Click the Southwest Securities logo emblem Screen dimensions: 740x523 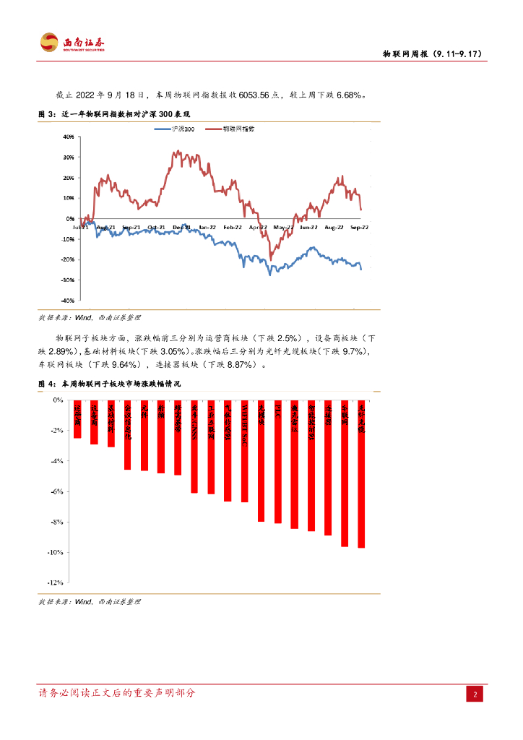coord(49,43)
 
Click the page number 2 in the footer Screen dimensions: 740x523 coord(476,695)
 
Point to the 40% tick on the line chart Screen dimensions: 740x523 coord(69,136)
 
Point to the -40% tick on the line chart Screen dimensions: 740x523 coord(68,300)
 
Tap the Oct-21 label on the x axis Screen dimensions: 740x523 coord(156,227)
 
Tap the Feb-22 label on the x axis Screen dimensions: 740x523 coord(232,227)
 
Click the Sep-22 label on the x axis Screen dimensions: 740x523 coord(358,227)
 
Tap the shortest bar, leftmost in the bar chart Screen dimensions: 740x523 coord(77,418)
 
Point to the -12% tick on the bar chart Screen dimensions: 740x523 coord(57,582)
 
